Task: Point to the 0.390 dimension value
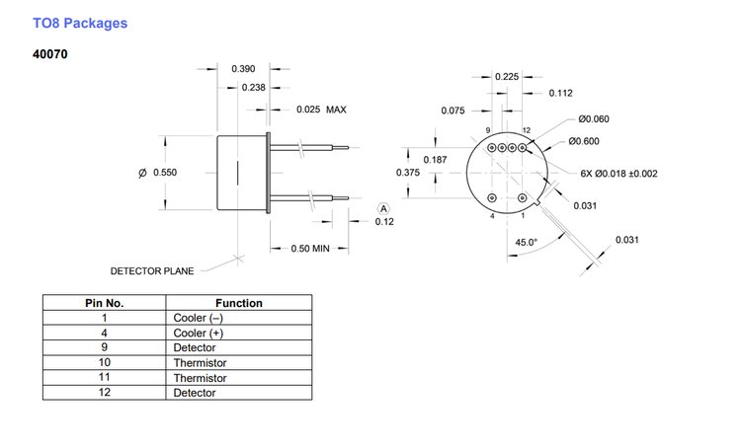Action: click(244, 68)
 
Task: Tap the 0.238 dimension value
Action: click(254, 88)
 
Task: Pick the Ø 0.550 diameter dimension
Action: click(158, 173)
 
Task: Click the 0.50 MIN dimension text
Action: click(308, 249)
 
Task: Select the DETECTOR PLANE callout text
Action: click(152, 270)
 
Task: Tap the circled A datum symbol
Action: click(384, 208)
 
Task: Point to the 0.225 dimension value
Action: click(507, 76)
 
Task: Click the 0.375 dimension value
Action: click(408, 173)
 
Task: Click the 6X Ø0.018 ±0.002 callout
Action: click(618, 173)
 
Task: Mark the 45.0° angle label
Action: click(526, 243)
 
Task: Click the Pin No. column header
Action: click(101, 303)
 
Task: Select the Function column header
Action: click(238, 303)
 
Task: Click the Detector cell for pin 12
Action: click(194, 393)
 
